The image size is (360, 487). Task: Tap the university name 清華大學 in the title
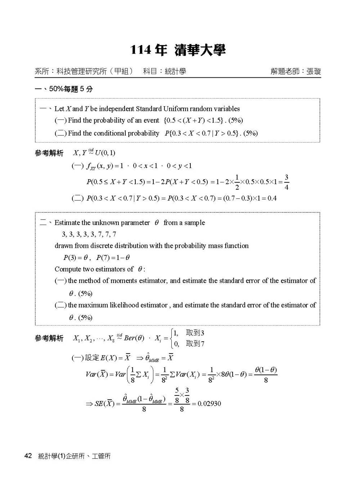pos(200,50)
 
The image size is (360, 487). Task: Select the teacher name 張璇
pos(314,71)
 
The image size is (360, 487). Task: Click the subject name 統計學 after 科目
pos(175,71)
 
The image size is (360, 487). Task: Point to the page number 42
pos(28,456)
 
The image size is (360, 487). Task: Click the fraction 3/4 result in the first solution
pos(287,182)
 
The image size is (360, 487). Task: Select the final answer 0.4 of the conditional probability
pos(272,198)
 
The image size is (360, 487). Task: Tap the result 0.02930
pos(209,403)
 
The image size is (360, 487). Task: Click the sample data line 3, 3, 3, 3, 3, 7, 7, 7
pos(89,234)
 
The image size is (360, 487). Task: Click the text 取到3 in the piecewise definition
pos(195,333)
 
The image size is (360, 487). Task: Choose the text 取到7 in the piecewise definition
pos(195,344)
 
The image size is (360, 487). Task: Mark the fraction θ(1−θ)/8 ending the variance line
pos(266,375)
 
